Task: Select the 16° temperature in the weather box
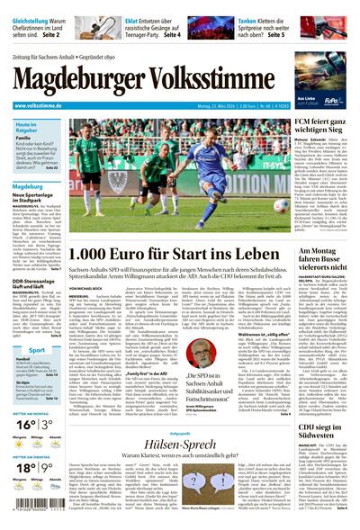click(23, 424)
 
